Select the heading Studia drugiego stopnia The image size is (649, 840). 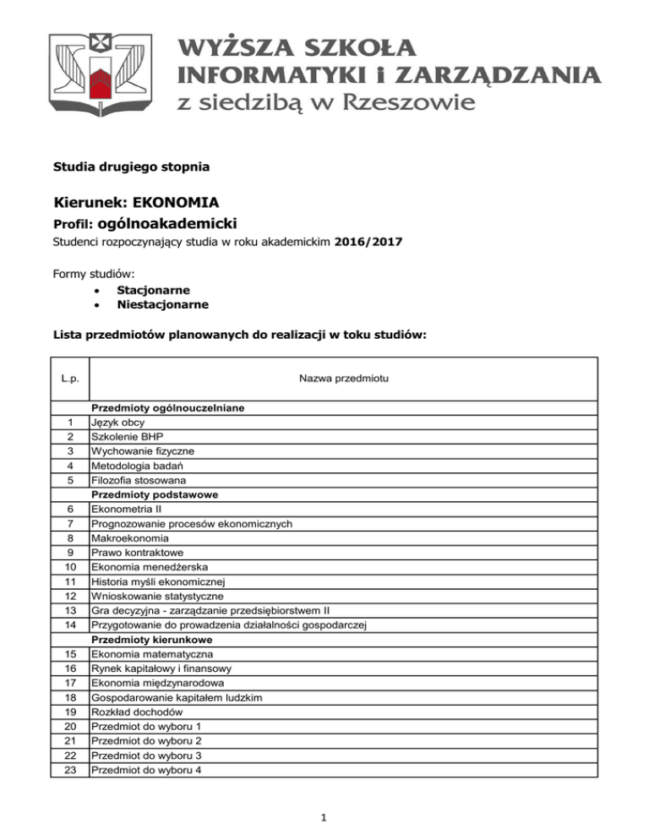[131, 167]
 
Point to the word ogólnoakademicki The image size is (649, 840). [167, 224]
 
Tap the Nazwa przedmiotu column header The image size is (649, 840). [342, 377]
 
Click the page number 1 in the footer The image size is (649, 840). [324, 818]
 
